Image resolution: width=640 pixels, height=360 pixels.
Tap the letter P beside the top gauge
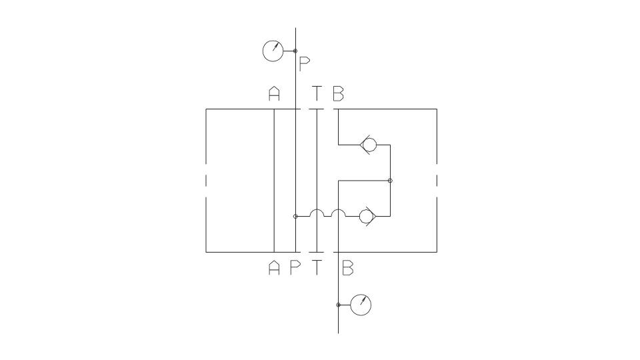[305, 64]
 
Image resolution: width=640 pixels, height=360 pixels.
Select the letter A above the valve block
[274, 93]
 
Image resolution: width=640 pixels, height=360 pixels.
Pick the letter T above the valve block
[317, 93]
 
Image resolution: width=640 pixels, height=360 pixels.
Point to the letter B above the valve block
[339, 93]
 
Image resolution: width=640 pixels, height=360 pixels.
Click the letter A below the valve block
[274, 268]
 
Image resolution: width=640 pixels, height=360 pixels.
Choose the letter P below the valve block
[295, 268]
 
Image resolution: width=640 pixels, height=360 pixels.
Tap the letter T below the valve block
[317, 268]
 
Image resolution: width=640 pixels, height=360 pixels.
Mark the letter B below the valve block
[348, 268]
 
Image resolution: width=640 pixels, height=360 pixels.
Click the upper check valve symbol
[368, 145]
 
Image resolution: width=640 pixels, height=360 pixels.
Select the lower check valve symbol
[367, 216]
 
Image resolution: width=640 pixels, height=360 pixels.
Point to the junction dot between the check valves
[390, 181]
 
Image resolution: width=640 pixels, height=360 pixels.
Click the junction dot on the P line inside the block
[295, 216]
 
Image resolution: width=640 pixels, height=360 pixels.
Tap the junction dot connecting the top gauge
[295, 51]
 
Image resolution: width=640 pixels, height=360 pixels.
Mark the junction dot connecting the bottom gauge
[339, 305]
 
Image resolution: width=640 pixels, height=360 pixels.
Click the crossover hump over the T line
[317, 210]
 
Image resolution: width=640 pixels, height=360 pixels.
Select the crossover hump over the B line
[339, 210]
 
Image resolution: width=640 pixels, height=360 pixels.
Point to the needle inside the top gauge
[276, 47]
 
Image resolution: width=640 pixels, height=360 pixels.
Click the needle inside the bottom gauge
[363, 301]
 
